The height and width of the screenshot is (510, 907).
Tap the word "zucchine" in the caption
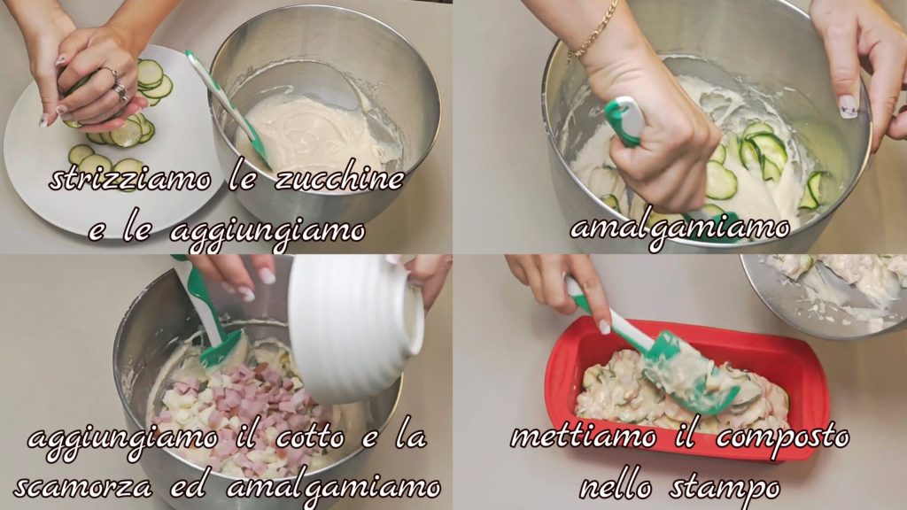click(338, 178)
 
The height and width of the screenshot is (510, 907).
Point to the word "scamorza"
click(84, 487)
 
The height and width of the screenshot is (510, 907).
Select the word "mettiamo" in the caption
click(584, 437)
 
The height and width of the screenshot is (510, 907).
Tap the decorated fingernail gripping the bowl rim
click(849, 107)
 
